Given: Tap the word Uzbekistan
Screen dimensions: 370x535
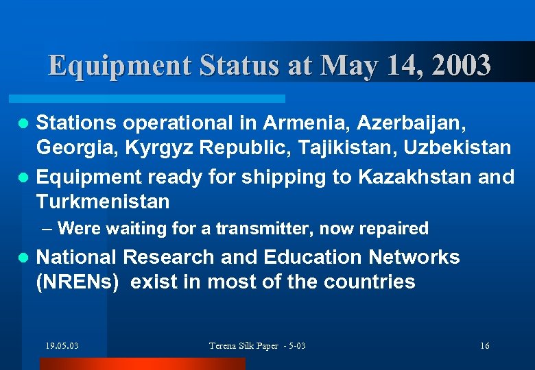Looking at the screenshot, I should pos(457,147).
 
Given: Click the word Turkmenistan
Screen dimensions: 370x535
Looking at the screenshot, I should pos(103,201).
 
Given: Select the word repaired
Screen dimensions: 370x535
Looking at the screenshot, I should pos(394,228).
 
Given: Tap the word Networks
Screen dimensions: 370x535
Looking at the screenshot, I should pos(414,257).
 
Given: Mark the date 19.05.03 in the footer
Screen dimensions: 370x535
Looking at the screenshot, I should pos(62,346).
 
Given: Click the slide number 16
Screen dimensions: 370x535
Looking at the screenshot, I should pos(485,346).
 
